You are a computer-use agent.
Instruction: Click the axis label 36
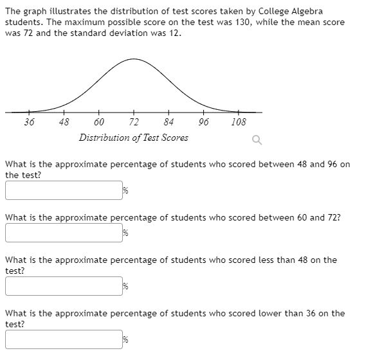(x=30, y=122)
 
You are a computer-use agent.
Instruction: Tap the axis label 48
(x=64, y=122)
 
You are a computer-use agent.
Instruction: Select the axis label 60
(x=99, y=122)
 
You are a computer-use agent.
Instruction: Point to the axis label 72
(x=134, y=122)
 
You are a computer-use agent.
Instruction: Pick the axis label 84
(x=168, y=122)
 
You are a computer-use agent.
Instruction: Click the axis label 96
(x=203, y=122)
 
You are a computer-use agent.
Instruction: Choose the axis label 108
(x=238, y=122)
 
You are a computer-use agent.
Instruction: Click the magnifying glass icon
(x=257, y=139)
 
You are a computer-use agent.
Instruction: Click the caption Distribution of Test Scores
(x=134, y=138)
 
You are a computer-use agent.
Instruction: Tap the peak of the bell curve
(x=134, y=60)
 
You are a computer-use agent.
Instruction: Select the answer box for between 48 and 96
(x=64, y=190)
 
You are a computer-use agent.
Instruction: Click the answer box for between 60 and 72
(x=64, y=233)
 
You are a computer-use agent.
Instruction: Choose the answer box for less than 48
(x=64, y=286)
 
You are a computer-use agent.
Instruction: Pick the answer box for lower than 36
(x=64, y=339)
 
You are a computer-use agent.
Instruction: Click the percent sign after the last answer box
(x=126, y=340)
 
